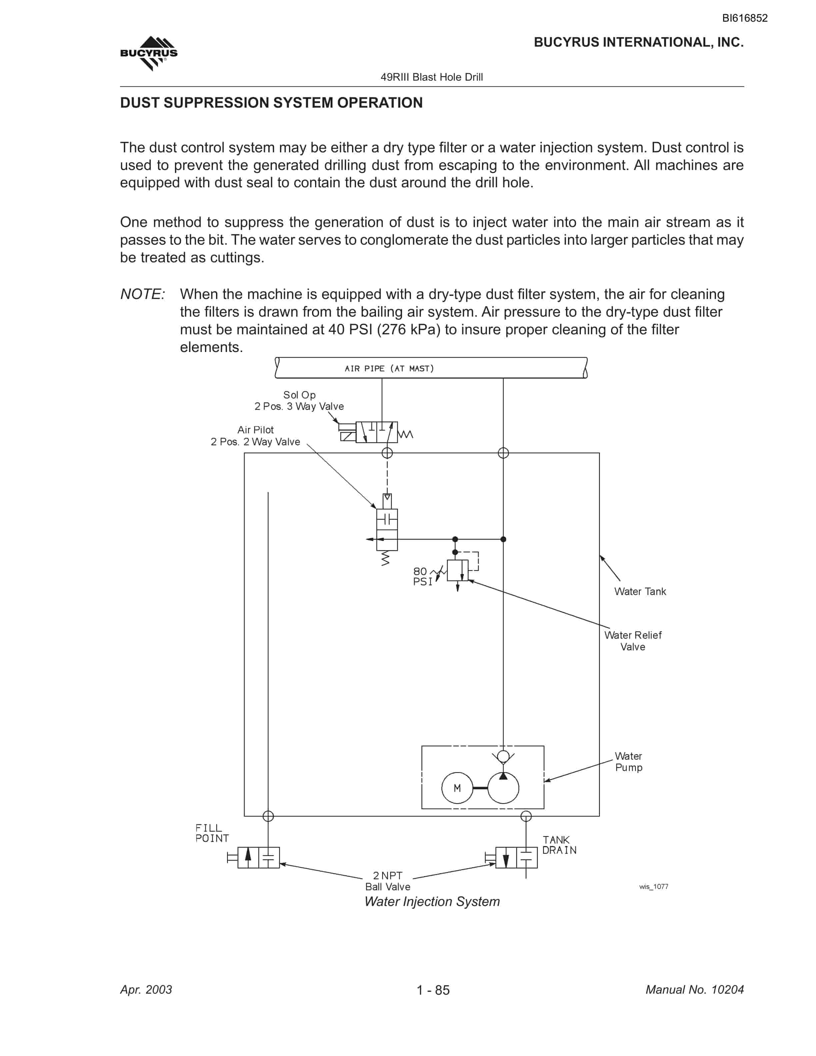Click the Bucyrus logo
click(x=149, y=53)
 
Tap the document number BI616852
click(x=744, y=18)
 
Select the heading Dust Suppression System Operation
click(x=271, y=103)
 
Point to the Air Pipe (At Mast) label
click(x=389, y=368)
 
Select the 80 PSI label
click(x=423, y=576)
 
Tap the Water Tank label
click(x=640, y=591)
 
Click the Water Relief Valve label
click(x=633, y=641)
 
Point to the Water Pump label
click(x=628, y=762)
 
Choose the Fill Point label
click(x=212, y=833)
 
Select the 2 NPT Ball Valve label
click(x=388, y=881)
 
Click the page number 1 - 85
click(x=433, y=990)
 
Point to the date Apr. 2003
click(x=146, y=990)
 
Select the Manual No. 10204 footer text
click(x=695, y=990)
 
